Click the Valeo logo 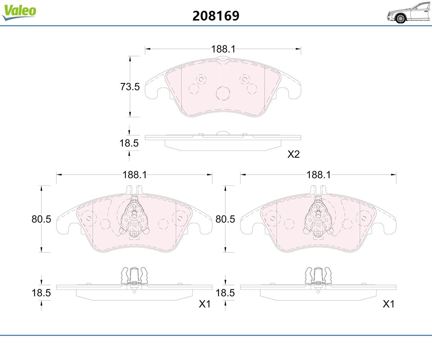19,12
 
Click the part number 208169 216,16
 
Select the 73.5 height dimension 130,87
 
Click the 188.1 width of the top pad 223,49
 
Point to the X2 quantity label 293,154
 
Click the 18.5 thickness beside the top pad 129,143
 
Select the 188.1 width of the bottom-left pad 135,175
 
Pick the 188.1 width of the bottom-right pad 318,175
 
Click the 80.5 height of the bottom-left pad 41,219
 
